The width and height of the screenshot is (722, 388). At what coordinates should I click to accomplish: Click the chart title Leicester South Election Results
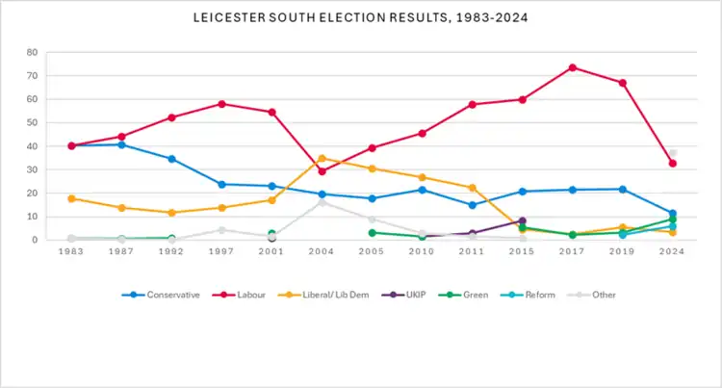pyautogui.click(x=360, y=18)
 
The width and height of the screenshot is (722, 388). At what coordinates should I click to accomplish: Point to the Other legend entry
pyautogui.click(x=572, y=295)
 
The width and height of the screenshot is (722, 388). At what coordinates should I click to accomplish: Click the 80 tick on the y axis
pyautogui.click(x=33, y=52)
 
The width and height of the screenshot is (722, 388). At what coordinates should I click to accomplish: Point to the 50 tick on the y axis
pyautogui.click(x=33, y=122)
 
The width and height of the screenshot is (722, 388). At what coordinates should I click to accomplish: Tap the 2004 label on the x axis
pyautogui.click(x=322, y=252)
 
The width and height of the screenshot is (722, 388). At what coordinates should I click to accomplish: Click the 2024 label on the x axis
pyautogui.click(x=673, y=252)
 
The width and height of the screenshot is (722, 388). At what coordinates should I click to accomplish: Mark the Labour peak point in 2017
pyautogui.click(x=572, y=67)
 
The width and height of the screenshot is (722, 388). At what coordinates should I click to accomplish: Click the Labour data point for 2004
pyautogui.click(x=322, y=171)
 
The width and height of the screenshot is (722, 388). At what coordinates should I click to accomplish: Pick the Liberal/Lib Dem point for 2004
pyautogui.click(x=322, y=158)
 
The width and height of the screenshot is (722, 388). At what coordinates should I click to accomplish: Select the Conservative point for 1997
pyautogui.click(x=221, y=184)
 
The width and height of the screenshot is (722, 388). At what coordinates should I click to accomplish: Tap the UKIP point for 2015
pyautogui.click(x=522, y=220)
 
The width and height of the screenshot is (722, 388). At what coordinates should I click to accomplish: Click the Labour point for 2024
pyautogui.click(x=672, y=164)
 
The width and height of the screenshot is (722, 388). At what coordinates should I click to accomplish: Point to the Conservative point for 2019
pyautogui.click(x=622, y=190)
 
